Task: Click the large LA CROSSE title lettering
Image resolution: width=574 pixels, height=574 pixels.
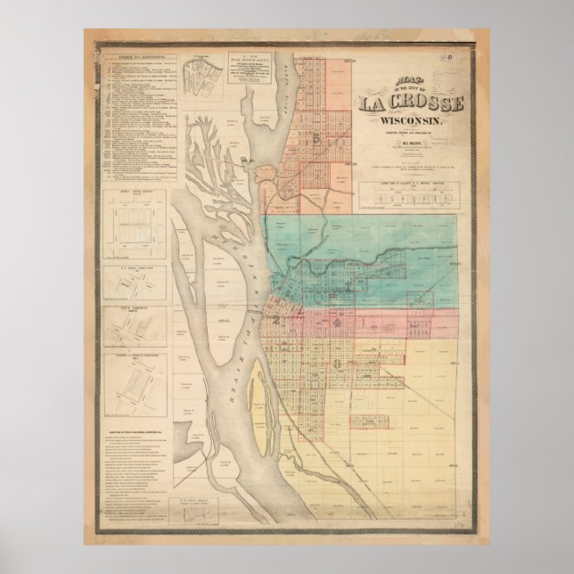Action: click(411, 103)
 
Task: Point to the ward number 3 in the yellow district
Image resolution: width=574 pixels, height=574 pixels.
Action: click(336, 363)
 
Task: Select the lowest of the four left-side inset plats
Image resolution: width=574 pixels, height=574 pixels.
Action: click(139, 385)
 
